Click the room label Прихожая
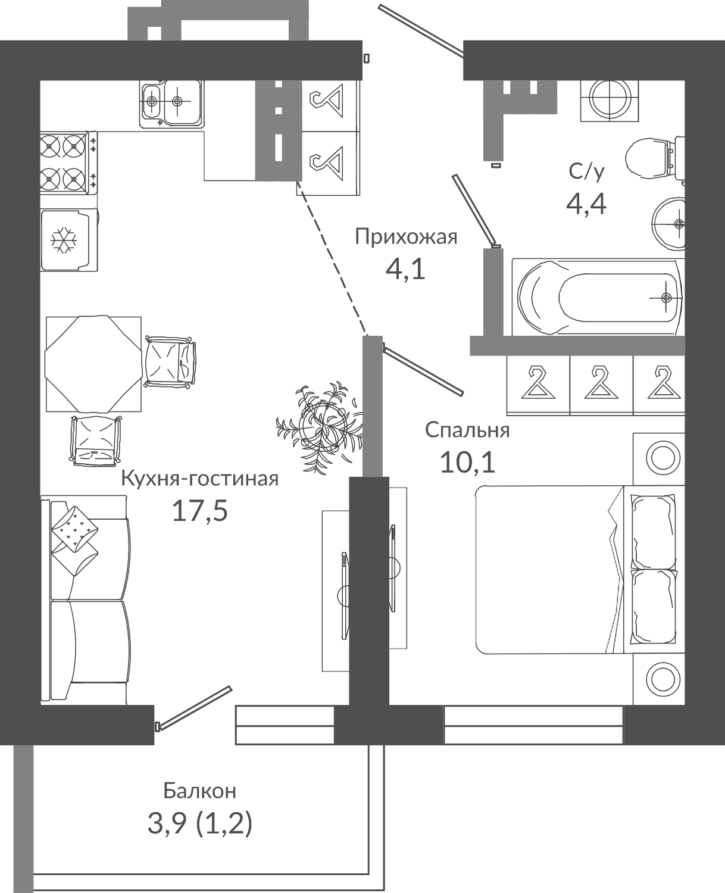click(406, 238)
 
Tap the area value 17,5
click(199, 511)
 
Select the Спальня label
click(467, 430)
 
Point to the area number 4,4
click(586, 205)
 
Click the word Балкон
click(199, 791)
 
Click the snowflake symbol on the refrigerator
click(64, 241)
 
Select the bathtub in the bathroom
click(598, 297)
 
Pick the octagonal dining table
click(93, 364)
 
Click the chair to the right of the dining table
click(170, 361)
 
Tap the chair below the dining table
click(95, 441)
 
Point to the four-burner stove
click(68, 163)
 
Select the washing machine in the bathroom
click(610, 101)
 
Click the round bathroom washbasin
click(669, 224)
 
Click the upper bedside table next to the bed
click(659, 458)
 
